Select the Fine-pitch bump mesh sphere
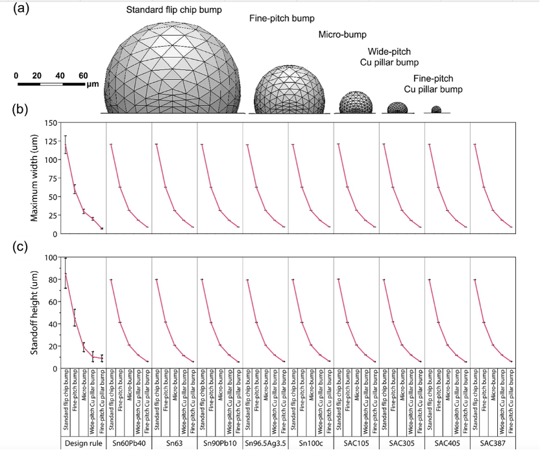coord(286,89)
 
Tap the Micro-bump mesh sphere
coord(356,102)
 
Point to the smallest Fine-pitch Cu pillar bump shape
coord(436,110)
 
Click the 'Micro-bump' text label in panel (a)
coord(343,34)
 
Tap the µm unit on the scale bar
coord(91,84)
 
